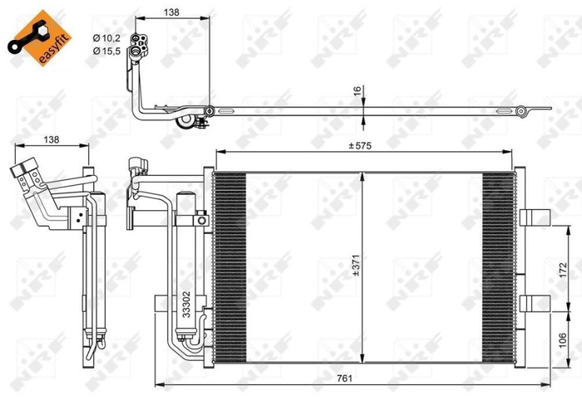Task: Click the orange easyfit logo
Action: tap(37, 37)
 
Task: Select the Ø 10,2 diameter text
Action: tap(108, 37)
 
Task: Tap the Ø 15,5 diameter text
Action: tap(108, 51)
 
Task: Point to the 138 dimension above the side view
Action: tap(51, 139)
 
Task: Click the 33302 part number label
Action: tap(187, 303)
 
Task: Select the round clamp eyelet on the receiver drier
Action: tap(201, 221)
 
